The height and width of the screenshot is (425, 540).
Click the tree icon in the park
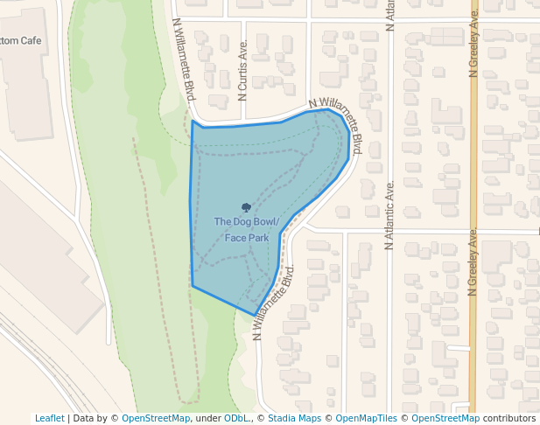(x=246, y=208)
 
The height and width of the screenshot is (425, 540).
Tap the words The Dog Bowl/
(x=247, y=222)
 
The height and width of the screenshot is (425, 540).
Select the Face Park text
(x=247, y=237)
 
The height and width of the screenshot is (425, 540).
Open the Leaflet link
(x=49, y=418)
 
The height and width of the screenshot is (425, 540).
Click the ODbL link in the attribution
(x=237, y=418)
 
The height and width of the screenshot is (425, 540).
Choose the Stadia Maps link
(x=294, y=418)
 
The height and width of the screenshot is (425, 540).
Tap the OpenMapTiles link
(x=366, y=418)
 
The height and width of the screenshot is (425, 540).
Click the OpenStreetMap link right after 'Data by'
(x=156, y=418)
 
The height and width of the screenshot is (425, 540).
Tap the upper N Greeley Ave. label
(x=473, y=42)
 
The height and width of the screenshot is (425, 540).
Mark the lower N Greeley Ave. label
(x=473, y=262)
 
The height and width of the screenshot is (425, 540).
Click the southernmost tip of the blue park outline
(x=256, y=315)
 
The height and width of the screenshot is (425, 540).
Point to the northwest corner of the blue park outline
(x=193, y=122)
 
